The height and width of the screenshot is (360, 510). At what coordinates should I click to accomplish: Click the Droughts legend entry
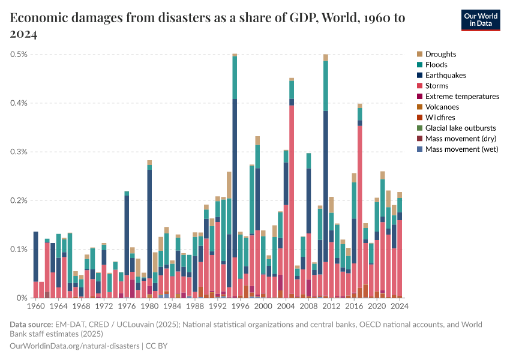(440, 55)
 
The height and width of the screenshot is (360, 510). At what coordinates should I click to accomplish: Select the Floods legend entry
(436, 65)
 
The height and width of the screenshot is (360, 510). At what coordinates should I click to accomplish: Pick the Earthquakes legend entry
(445, 76)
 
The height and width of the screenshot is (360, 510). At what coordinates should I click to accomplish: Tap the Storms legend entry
(436, 86)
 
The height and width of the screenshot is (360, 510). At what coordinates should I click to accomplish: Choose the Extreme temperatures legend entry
(461, 97)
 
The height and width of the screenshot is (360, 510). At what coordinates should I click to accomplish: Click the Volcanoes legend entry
(442, 107)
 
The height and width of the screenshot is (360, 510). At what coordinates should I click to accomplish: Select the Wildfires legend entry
(440, 118)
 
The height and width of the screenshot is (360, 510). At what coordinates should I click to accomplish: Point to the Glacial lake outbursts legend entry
(460, 128)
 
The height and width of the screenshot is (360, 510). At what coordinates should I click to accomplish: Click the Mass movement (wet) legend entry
(461, 149)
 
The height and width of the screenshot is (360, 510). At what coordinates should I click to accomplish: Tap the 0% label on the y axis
(22, 298)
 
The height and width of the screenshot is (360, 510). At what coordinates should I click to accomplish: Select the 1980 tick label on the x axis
(149, 307)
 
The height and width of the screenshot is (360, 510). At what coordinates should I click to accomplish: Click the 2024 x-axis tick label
(400, 307)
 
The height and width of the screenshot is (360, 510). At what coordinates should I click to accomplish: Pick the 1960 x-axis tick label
(36, 307)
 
